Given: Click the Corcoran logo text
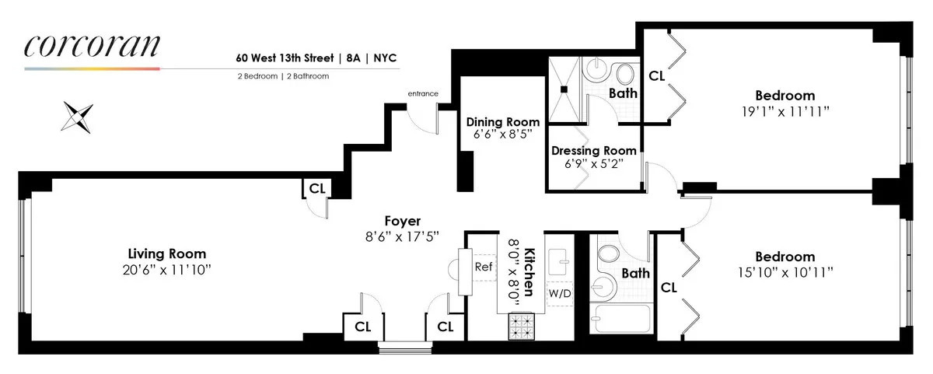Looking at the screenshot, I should pyautogui.click(x=92, y=46).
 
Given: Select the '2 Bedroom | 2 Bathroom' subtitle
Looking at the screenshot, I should pyautogui.click(x=283, y=76).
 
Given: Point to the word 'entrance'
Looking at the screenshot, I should pyautogui.click(x=423, y=94).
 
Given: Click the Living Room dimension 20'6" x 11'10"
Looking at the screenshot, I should pyautogui.click(x=167, y=269).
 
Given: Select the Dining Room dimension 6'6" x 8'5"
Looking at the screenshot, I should pyautogui.click(x=502, y=135).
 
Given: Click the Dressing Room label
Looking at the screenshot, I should pyautogui.click(x=593, y=150).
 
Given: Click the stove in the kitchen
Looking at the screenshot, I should pyautogui.click(x=522, y=327).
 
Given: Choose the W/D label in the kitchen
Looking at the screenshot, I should pyautogui.click(x=559, y=293).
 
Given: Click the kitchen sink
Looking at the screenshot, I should pyautogui.click(x=559, y=264).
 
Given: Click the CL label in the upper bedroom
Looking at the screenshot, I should pyautogui.click(x=656, y=75).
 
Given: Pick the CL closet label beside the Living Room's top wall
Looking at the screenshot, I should pyautogui.click(x=316, y=188).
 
